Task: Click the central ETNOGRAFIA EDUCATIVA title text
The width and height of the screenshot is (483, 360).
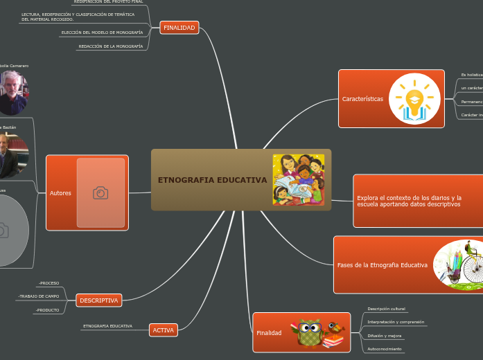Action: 212,180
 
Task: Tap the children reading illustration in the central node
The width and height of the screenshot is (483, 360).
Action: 298,179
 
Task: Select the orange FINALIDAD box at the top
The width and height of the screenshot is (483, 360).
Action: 179,28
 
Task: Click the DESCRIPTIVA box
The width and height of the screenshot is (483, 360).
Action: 99,300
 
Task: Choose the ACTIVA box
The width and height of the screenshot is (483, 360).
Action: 163,330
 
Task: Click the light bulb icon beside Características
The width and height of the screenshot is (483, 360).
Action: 414,99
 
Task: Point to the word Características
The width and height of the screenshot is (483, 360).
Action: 362,99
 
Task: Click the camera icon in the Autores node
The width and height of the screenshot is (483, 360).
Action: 100,193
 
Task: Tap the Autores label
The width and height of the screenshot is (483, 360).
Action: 60,193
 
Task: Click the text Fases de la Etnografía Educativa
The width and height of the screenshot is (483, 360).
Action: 382,265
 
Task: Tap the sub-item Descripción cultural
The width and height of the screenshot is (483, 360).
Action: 386,308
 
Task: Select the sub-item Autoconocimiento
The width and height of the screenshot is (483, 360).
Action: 384,348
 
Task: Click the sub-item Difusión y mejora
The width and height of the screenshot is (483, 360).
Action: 384,336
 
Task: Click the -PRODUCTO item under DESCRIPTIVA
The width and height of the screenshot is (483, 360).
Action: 48,310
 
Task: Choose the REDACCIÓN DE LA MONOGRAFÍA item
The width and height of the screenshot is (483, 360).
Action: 110,46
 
